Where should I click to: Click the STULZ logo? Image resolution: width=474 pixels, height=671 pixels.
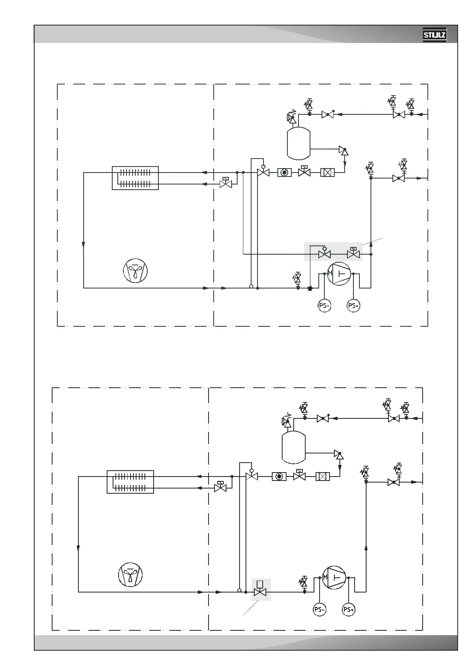point(434,35)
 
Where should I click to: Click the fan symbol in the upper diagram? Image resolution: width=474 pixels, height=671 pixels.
point(135,271)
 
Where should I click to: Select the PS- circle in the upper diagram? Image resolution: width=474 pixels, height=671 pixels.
point(325,306)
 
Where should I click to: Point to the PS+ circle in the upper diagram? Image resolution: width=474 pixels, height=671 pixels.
point(353,306)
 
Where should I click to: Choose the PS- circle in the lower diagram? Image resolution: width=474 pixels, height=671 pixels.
point(320,609)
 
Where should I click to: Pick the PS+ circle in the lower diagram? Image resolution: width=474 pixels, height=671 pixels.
point(348,609)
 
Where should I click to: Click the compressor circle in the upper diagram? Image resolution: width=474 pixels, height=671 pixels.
point(339,273)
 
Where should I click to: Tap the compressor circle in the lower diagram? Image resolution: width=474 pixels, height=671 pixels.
point(334,577)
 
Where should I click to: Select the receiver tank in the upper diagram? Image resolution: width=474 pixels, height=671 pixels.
point(298,143)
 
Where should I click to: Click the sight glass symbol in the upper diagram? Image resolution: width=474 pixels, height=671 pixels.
point(284,173)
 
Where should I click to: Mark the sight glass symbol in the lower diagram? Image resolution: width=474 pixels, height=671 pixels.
point(279,476)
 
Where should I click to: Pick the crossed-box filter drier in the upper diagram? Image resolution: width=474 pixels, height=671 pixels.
point(328,173)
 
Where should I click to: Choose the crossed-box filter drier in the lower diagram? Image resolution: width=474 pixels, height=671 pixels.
point(322,476)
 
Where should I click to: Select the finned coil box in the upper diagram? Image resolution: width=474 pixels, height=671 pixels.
point(135,178)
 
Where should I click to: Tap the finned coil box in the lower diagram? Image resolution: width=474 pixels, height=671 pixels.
point(130,482)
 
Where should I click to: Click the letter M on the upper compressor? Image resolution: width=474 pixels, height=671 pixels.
point(330,273)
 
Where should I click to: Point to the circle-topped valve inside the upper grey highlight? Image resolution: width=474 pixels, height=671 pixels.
point(324,253)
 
